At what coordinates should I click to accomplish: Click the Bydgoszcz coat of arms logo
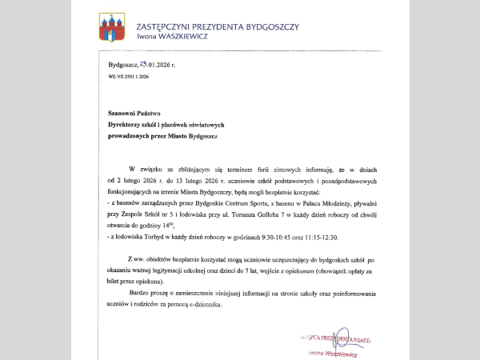coord(111,27)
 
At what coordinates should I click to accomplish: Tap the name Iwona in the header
coord(150,36)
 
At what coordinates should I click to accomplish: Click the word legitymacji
coord(174,272)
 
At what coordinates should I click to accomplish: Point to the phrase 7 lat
coord(246,272)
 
